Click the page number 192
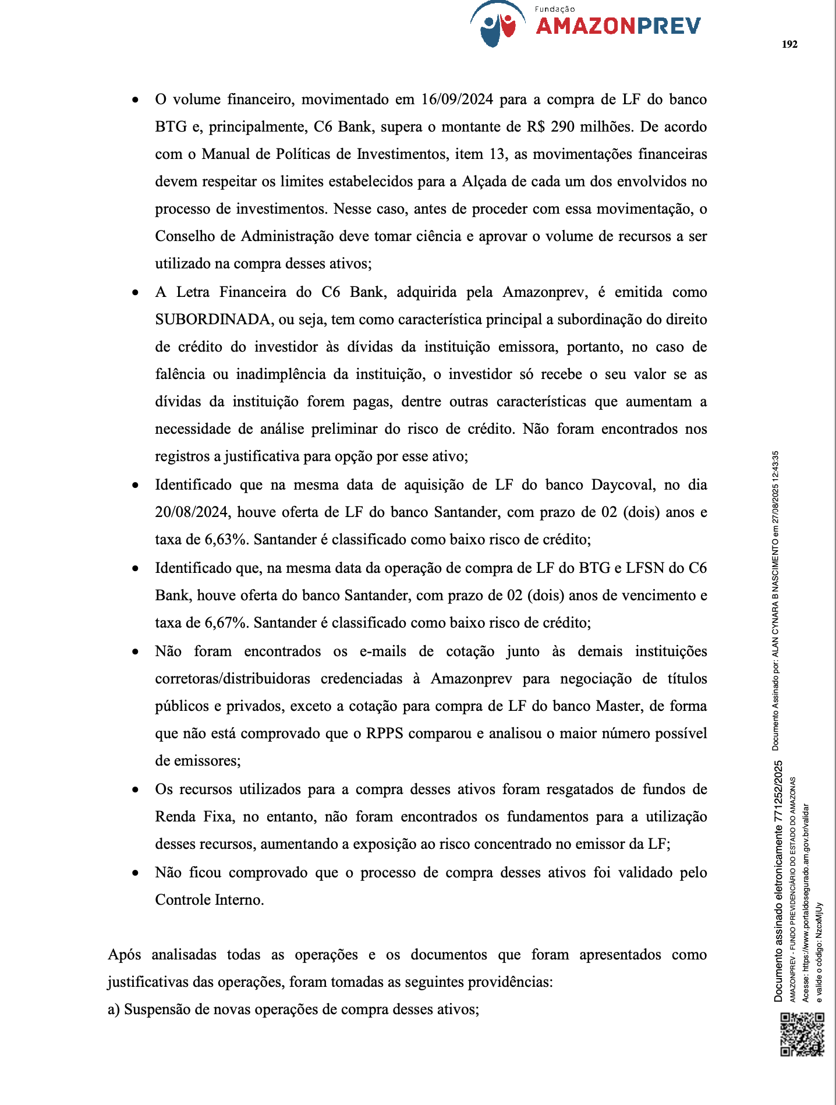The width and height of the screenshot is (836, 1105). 789,44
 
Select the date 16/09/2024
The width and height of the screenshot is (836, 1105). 457,100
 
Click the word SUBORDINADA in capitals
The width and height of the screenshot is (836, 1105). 214,320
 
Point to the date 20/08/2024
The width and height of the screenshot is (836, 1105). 192,512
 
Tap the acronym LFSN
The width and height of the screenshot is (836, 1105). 645,568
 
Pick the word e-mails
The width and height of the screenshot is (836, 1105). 382,651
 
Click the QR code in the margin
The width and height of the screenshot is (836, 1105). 802,1034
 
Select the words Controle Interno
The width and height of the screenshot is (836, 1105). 209,900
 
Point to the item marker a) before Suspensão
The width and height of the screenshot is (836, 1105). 114,1010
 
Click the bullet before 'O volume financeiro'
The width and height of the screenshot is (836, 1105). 135,100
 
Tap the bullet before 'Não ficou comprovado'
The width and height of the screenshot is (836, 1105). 135,873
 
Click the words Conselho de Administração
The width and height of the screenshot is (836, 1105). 244,236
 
